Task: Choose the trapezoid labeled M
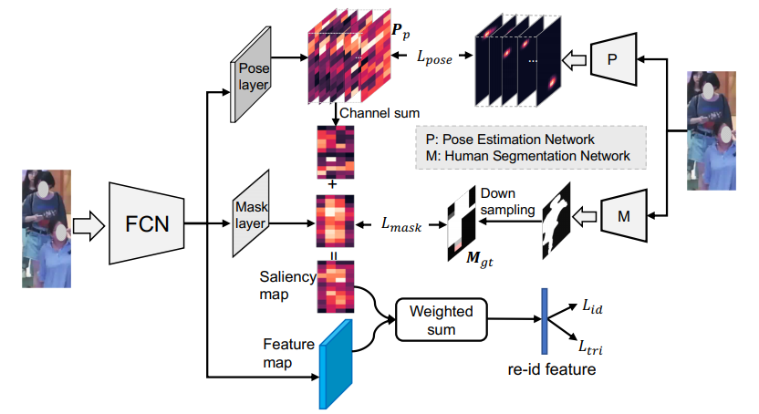626,216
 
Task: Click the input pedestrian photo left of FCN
45,228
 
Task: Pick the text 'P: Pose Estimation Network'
510,140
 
